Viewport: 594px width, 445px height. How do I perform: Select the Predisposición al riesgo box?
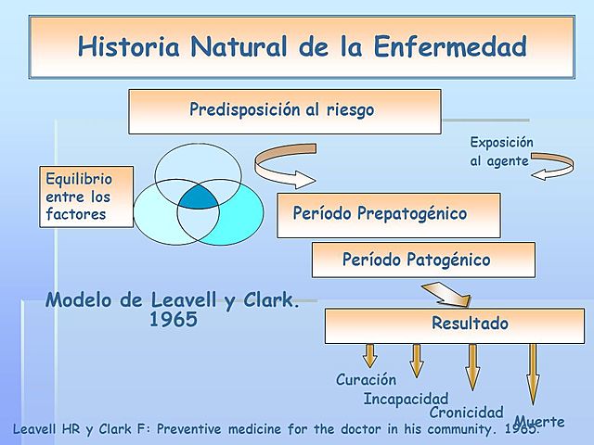[284, 111]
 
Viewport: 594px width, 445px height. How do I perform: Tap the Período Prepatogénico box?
[388, 214]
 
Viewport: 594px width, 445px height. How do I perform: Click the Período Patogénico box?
[422, 260]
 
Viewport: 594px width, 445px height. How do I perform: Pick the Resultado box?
[454, 324]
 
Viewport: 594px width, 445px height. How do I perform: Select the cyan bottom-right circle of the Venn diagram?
[227, 222]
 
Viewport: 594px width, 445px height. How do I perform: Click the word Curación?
[366, 380]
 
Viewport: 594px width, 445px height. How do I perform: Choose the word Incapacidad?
[406, 399]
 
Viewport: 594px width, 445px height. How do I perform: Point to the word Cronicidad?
[466, 412]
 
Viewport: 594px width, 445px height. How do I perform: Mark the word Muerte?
[539, 422]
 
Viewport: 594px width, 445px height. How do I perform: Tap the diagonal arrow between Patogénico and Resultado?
[446, 296]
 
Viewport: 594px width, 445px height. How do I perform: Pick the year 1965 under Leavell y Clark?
[173, 321]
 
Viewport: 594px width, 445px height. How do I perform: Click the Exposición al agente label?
[500, 151]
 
